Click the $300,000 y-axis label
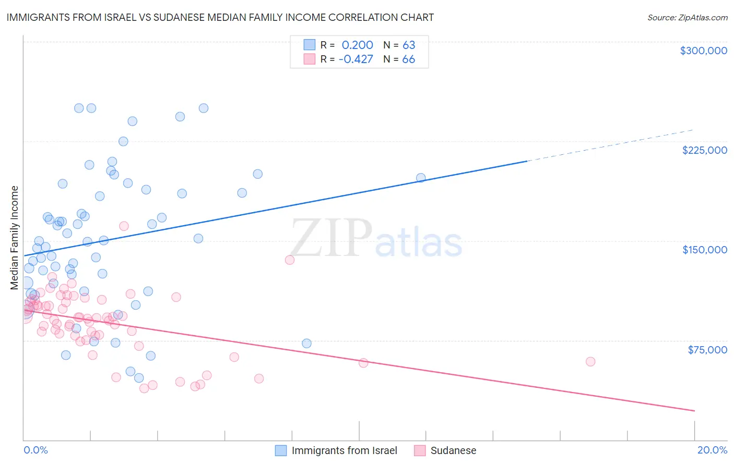[x=703, y=51]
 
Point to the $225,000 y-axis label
[x=704, y=150]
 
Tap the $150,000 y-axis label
[x=704, y=250]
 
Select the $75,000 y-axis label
[x=707, y=350]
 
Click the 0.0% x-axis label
[x=35, y=450]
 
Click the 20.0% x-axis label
[x=712, y=450]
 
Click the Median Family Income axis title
[x=15, y=237]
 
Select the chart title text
[x=220, y=17]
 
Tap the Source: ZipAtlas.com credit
[x=687, y=18]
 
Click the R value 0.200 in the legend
[x=357, y=45]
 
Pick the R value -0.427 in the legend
[x=356, y=59]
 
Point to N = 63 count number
[x=408, y=45]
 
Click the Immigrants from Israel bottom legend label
[x=344, y=450]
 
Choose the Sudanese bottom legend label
[x=453, y=450]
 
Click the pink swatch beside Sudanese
[x=420, y=450]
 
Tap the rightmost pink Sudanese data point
[x=590, y=362]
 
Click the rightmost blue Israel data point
[x=421, y=178]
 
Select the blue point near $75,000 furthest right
[x=306, y=344]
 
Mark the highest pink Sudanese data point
[x=124, y=226]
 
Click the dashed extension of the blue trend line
[x=611, y=145]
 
